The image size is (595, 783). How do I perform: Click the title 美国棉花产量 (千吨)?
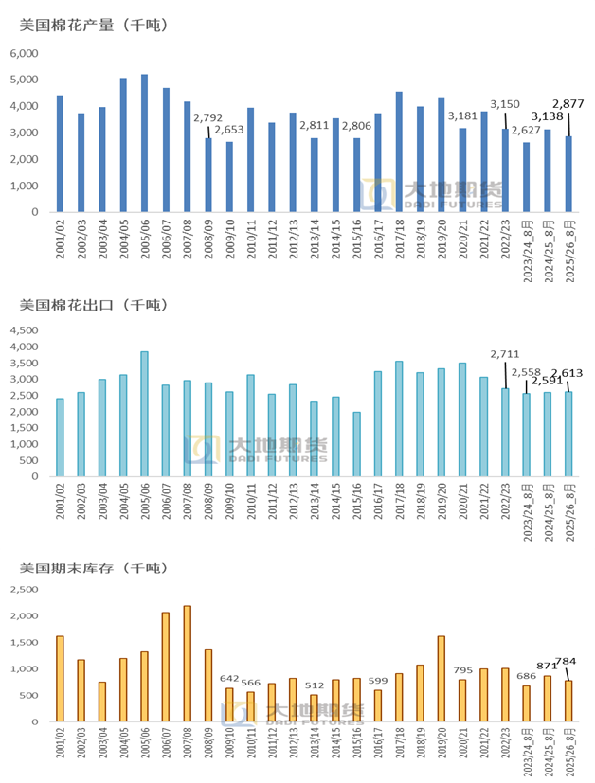(x=93, y=26)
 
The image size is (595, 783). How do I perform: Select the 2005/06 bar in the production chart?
(x=144, y=143)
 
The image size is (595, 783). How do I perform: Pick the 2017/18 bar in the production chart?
(x=399, y=151)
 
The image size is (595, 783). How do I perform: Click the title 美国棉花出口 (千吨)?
(x=93, y=305)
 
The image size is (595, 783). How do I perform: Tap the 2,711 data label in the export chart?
(x=505, y=354)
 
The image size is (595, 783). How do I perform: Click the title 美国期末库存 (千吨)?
(x=93, y=568)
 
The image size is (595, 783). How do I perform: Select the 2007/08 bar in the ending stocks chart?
(x=187, y=664)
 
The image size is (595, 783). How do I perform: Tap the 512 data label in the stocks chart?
(x=314, y=685)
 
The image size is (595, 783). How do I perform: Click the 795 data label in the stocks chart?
(x=462, y=670)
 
